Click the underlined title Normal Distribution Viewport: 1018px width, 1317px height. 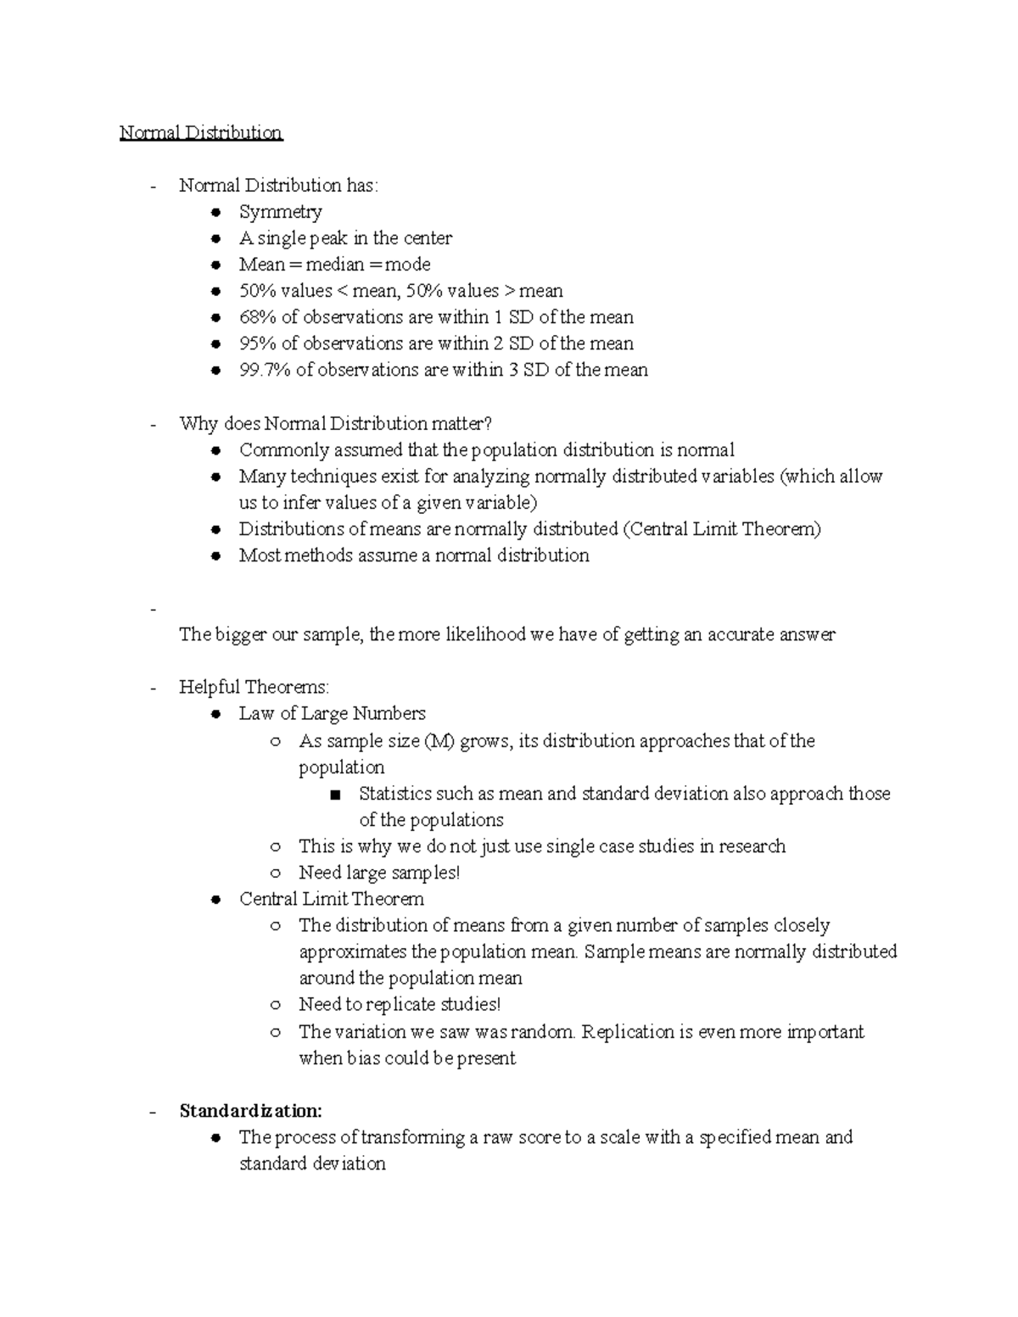click(200, 133)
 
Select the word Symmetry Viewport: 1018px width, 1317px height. click(280, 212)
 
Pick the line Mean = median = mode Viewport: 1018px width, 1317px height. click(334, 265)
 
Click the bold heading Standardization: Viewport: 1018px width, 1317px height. click(250, 1111)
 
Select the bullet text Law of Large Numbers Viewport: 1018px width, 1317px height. click(332, 713)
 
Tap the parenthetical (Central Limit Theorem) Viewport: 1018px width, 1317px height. click(721, 529)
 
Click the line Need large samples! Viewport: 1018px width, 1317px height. click(378, 873)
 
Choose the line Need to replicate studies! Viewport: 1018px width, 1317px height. click(400, 1005)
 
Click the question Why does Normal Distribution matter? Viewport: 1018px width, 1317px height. click(335, 423)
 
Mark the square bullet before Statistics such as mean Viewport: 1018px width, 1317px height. click(336, 795)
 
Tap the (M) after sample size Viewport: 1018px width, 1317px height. click(439, 741)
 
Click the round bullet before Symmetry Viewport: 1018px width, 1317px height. click(217, 213)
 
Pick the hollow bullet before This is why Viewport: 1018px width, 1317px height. click(276, 847)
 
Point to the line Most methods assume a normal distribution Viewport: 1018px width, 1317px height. click(413, 555)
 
